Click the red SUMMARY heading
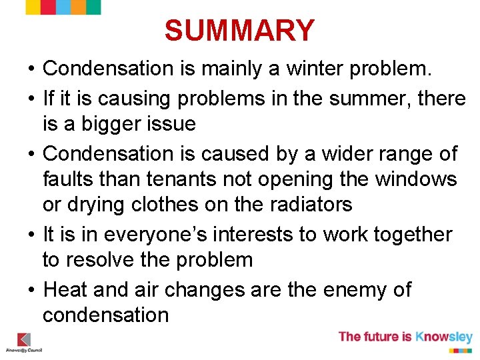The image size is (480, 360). (239, 31)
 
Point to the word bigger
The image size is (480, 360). (108, 123)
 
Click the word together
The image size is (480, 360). (413, 234)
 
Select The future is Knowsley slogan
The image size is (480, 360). (405, 337)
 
